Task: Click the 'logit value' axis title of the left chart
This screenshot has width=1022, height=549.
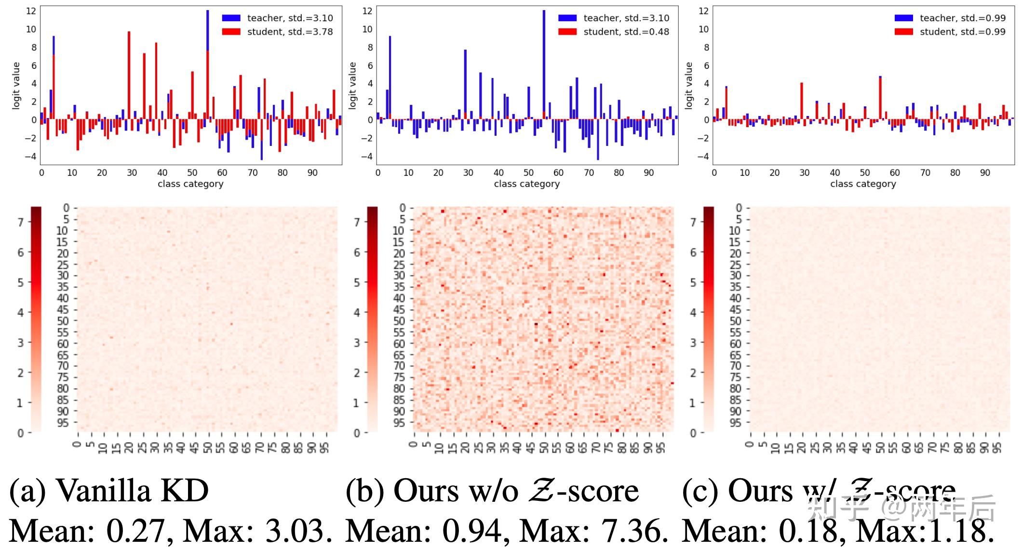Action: click(x=16, y=86)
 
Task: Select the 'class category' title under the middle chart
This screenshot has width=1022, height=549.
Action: click(x=526, y=184)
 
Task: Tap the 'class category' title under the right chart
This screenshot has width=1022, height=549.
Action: click(x=863, y=184)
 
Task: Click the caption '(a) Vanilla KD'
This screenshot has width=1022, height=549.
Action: click(x=109, y=491)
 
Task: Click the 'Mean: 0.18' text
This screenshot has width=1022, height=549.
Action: click(x=759, y=531)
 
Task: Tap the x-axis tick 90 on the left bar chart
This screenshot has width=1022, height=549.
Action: click(x=312, y=172)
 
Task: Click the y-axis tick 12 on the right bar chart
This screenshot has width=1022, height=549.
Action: click(x=703, y=11)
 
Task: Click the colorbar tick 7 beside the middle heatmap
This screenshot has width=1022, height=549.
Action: click(x=357, y=222)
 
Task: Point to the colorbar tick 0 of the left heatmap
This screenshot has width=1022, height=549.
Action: click(x=20, y=433)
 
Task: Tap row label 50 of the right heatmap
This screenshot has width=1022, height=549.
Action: click(x=735, y=321)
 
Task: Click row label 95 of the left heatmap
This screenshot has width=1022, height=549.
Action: click(x=63, y=423)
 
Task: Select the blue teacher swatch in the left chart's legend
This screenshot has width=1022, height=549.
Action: click(x=231, y=18)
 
